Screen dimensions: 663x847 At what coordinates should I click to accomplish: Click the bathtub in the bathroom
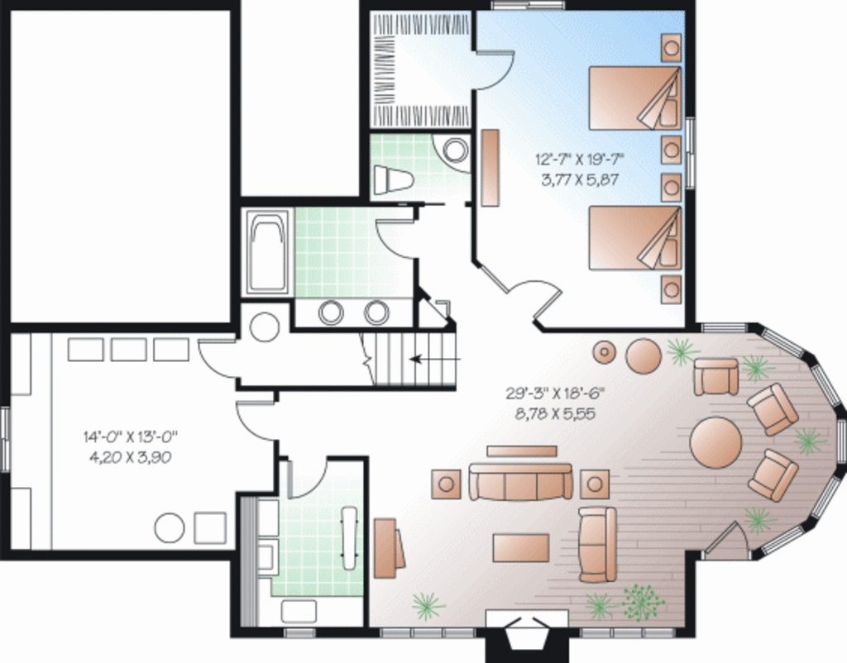(x=268, y=253)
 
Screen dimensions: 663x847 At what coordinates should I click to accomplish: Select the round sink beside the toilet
(x=454, y=150)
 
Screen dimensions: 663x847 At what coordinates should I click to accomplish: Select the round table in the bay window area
(x=716, y=441)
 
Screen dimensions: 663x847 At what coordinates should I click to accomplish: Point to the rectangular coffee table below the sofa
(x=521, y=547)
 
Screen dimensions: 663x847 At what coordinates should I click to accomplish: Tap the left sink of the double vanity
(x=332, y=312)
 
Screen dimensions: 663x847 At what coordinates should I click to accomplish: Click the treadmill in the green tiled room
(x=349, y=537)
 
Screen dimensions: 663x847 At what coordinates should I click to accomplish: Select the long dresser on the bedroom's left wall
(x=490, y=168)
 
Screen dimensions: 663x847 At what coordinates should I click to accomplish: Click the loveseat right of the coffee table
(x=597, y=545)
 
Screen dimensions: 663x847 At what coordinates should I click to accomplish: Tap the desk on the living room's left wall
(x=387, y=546)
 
